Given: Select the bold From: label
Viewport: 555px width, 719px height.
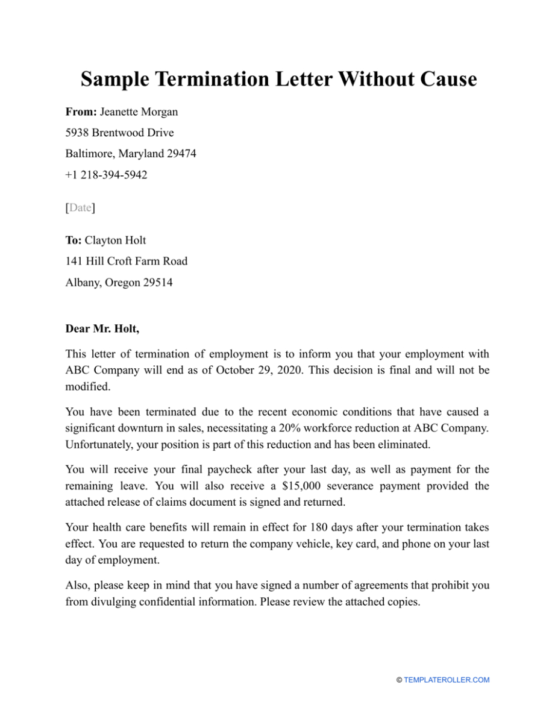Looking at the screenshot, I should coord(81,112).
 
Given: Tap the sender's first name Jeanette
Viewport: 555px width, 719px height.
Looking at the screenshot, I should coord(119,112).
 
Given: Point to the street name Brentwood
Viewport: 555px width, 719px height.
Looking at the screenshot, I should coord(123,133).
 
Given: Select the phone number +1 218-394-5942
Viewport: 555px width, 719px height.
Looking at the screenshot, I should coord(106,175).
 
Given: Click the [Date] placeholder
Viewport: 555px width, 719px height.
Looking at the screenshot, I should coord(80,208).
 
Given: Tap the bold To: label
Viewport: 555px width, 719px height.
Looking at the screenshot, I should coord(74,240).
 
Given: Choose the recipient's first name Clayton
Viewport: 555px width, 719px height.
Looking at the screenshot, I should coord(103,240).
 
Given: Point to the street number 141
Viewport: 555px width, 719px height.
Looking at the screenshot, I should coord(74,261).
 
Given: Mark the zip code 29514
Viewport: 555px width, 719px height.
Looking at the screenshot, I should coord(157,282).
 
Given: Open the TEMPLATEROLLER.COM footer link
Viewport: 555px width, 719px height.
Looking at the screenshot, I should coord(447,680).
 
